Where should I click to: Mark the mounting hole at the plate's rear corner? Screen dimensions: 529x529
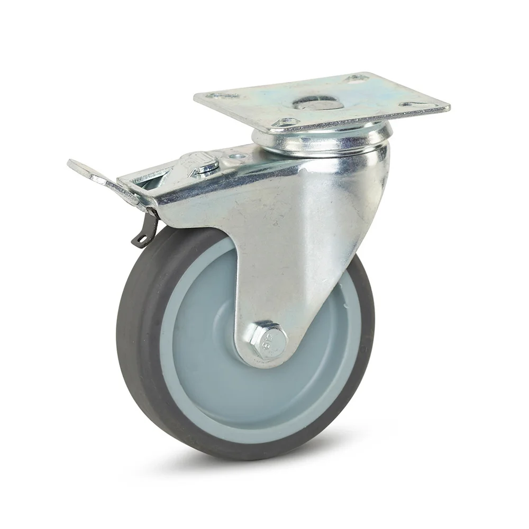click(x=355, y=78)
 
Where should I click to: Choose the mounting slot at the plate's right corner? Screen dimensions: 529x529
click(x=414, y=104)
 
